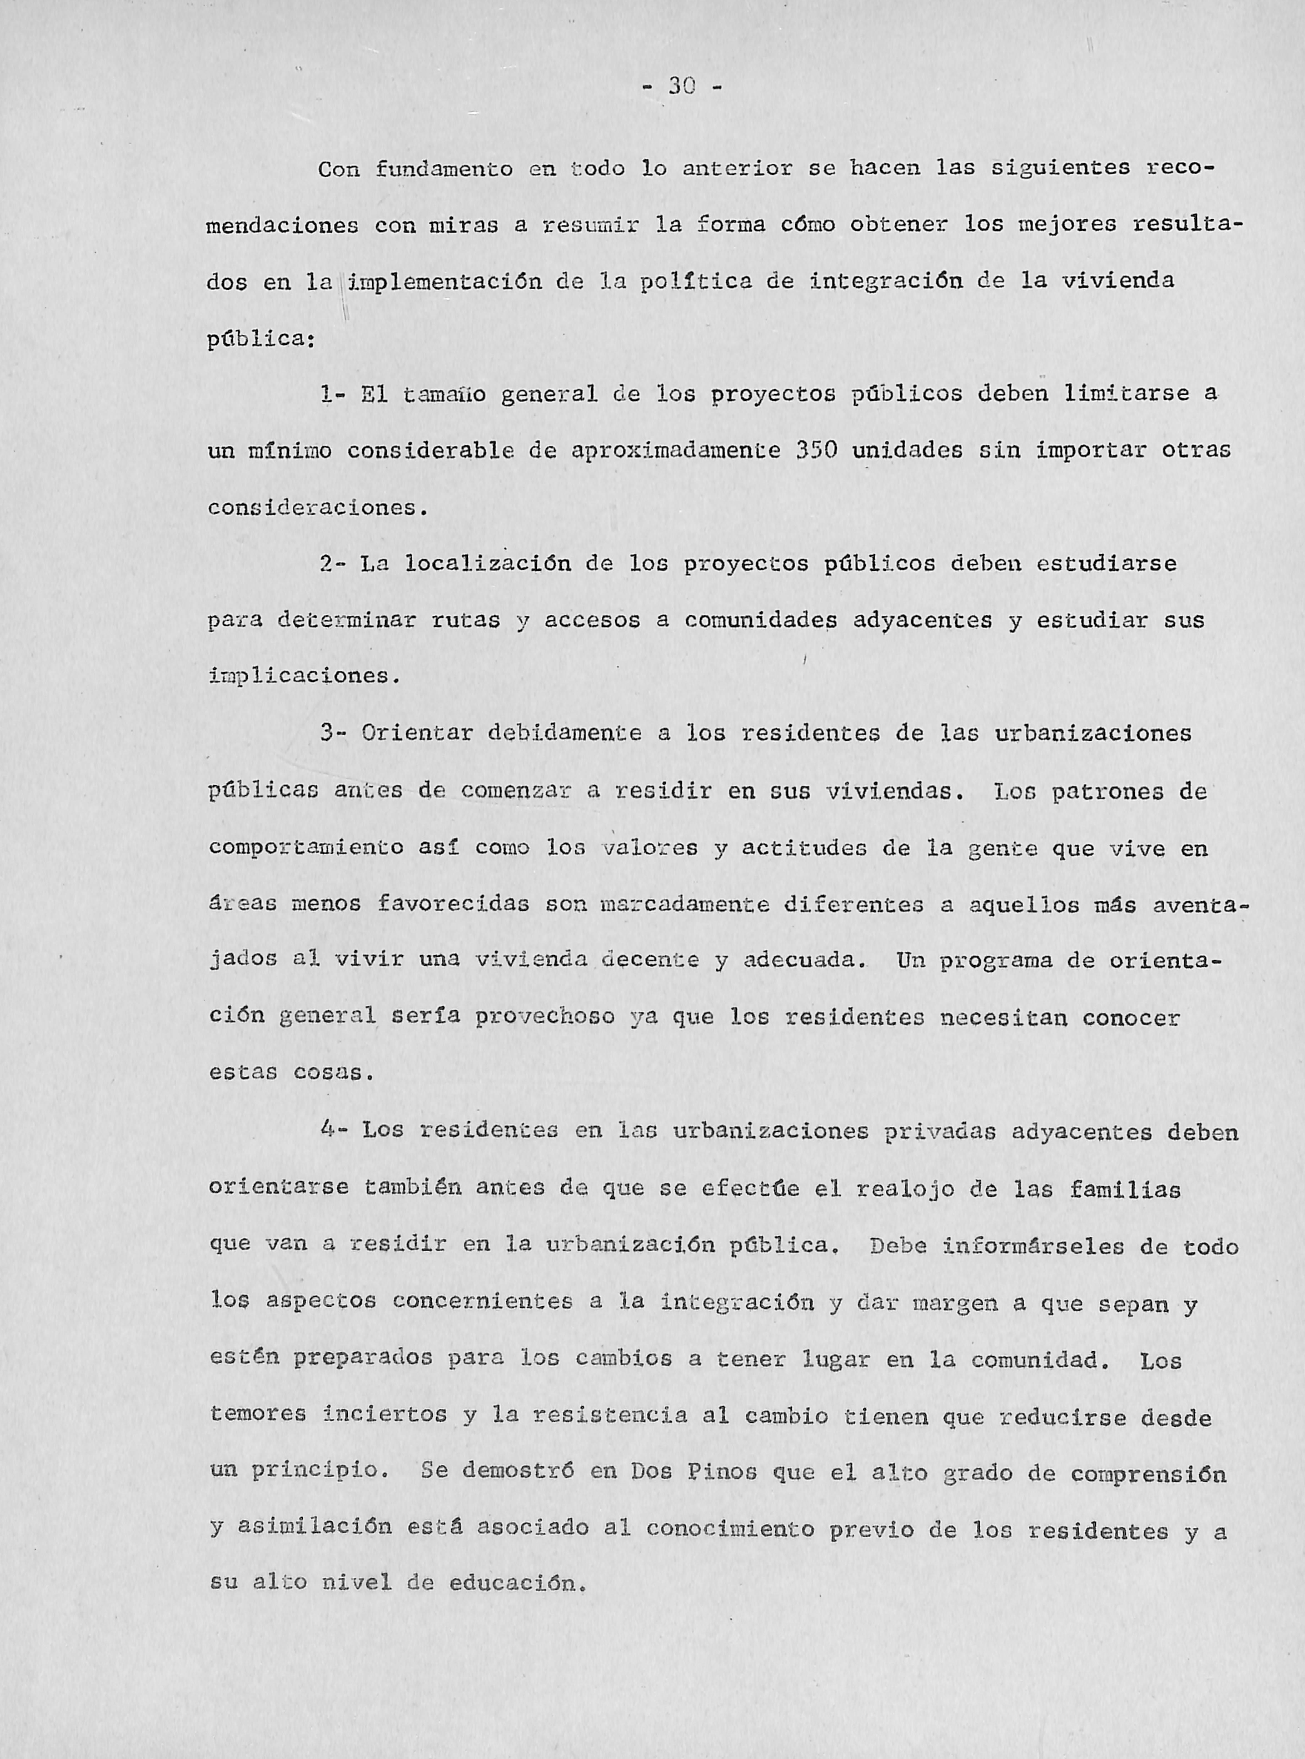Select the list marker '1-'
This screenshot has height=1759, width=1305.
330,394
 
